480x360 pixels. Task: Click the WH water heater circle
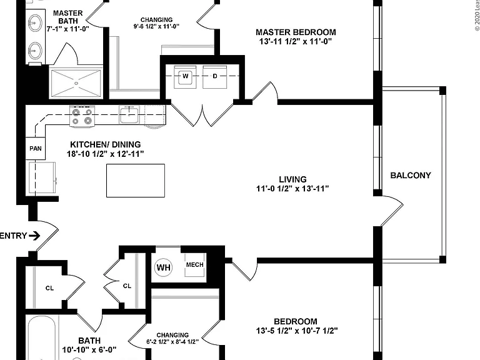pos(164,267)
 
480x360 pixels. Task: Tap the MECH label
pos(195,264)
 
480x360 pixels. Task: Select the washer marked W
pos(185,76)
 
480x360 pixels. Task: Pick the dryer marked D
pos(215,76)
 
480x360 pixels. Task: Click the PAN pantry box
pos(36,149)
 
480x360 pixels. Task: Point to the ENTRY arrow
pos(34,236)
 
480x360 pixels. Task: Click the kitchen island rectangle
pos(136,181)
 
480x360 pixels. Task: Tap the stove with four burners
pos(82,116)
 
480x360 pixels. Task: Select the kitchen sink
pos(129,114)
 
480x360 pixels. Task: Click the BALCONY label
pos(411,176)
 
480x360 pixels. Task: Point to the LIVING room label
pos(292,179)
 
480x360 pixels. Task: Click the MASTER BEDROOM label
pos(296,32)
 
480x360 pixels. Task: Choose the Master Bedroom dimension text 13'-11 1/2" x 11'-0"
pos(296,41)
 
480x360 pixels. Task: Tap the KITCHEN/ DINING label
pos(106,144)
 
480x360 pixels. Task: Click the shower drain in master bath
pos(76,83)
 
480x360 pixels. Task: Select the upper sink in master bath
pos(35,22)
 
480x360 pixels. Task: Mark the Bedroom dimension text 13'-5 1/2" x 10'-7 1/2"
pos(297,331)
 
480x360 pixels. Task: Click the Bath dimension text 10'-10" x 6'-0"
pos(89,349)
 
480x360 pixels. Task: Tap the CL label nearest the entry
pos(49,288)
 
